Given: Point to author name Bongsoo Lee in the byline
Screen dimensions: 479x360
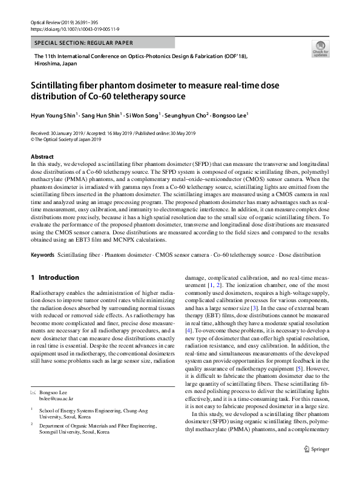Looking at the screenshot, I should pyautogui.click(x=230, y=114).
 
